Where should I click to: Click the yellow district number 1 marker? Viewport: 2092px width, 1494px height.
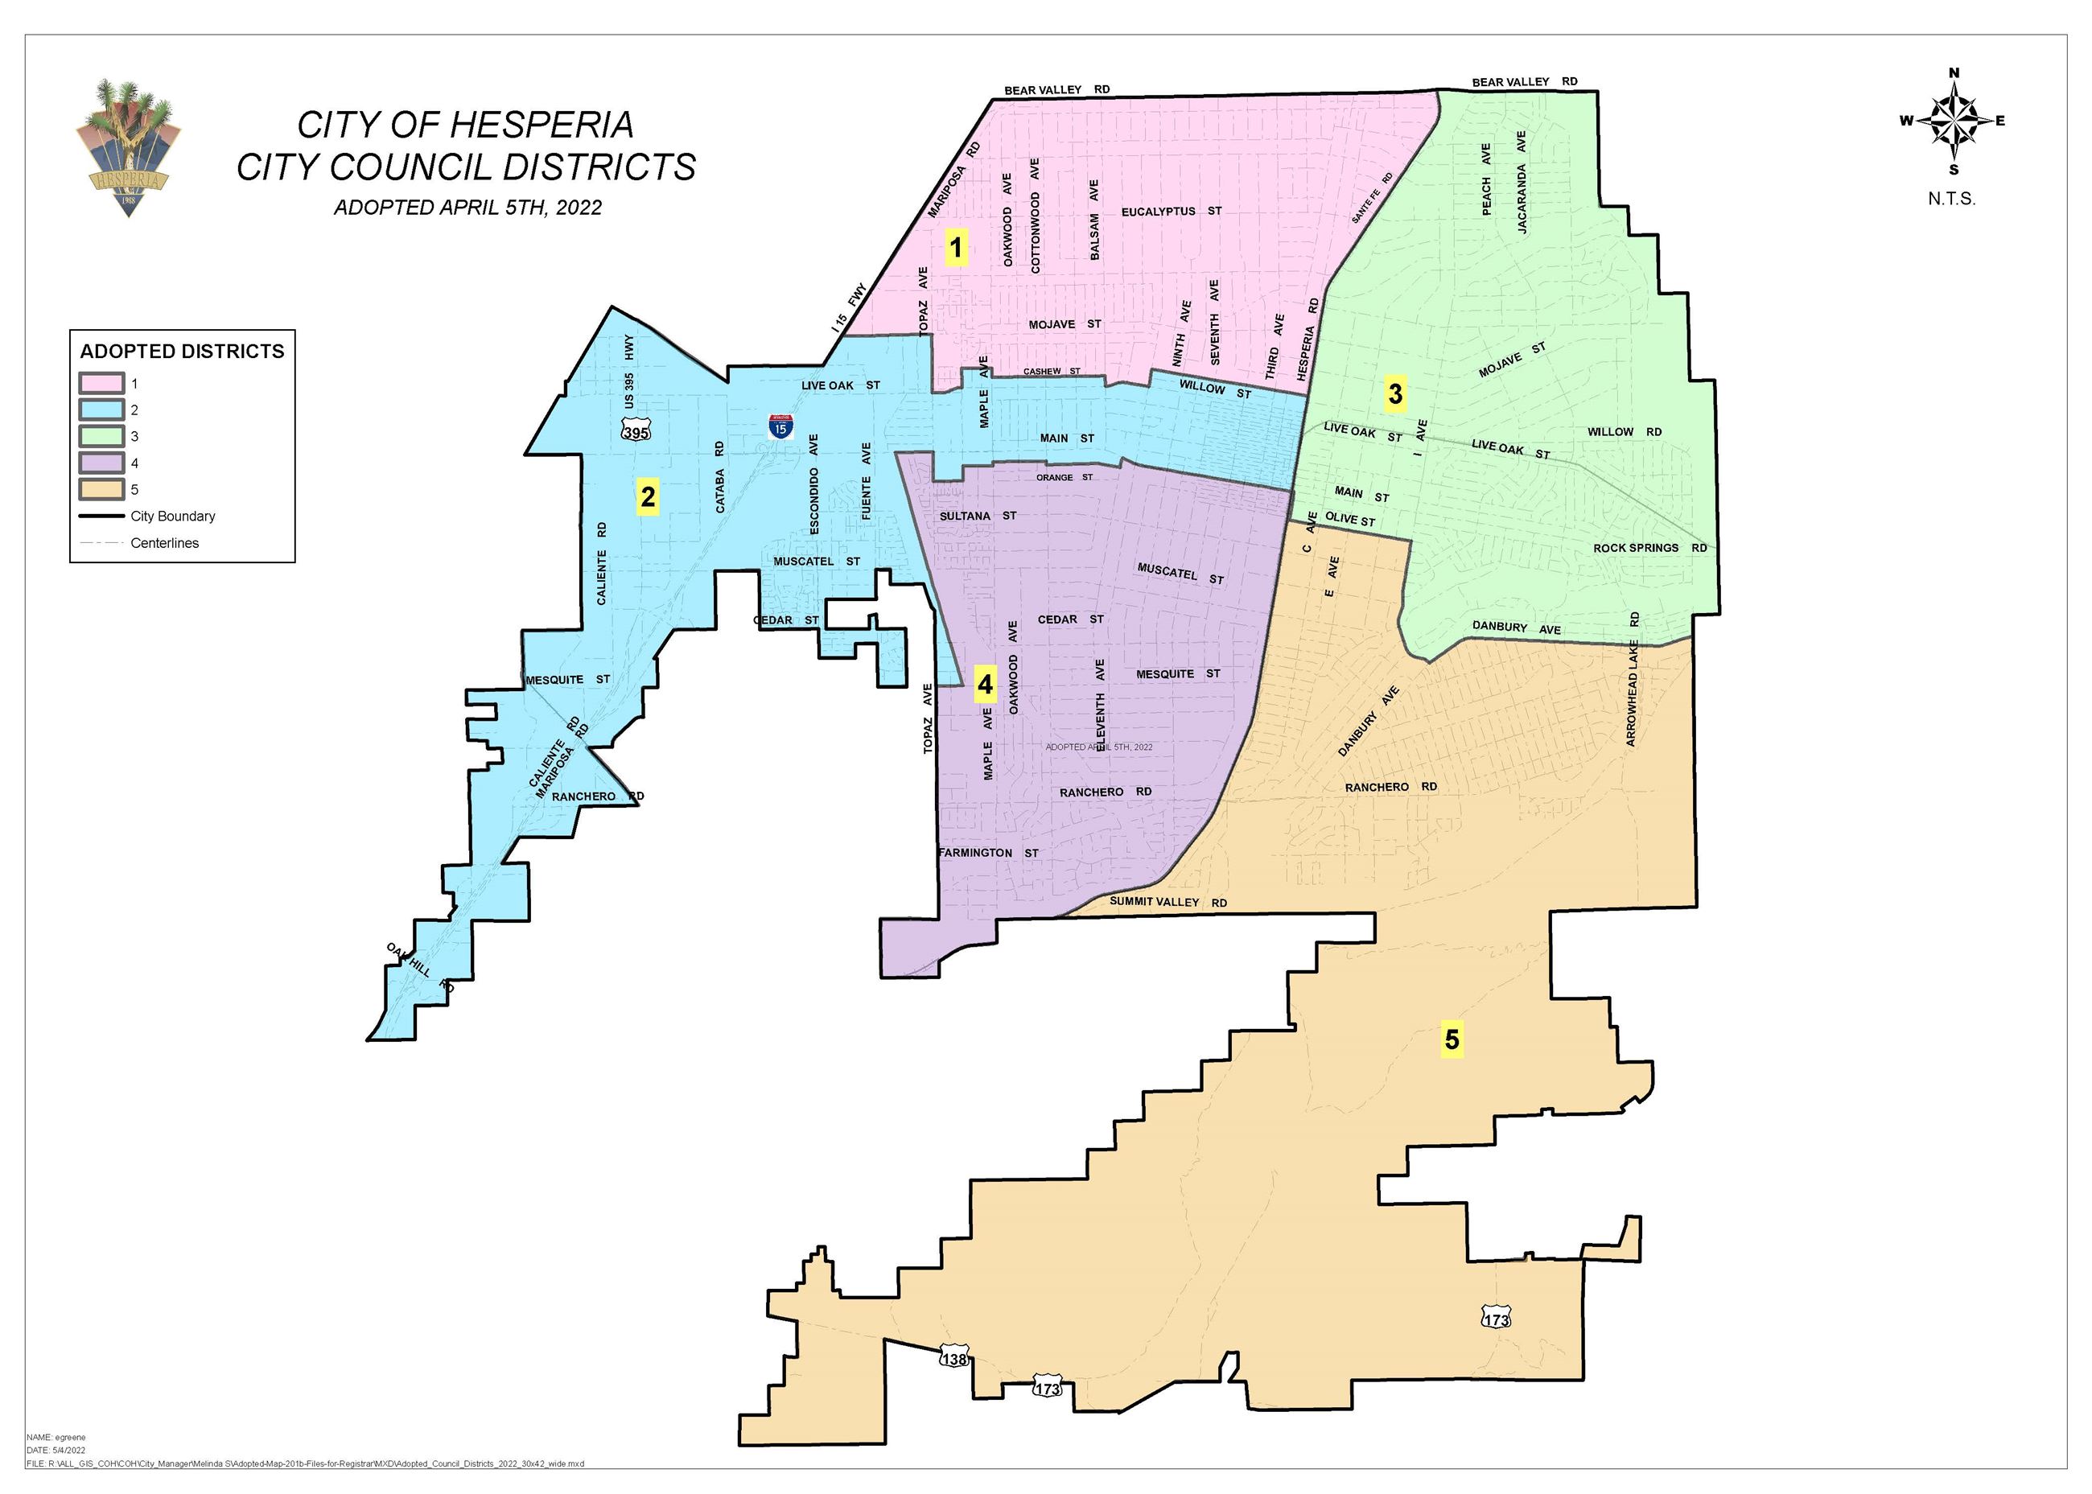click(957, 248)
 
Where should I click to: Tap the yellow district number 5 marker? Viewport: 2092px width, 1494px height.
click(1452, 1039)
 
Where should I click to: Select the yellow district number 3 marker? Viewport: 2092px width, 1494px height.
click(1395, 393)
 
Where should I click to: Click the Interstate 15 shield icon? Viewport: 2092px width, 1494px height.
click(780, 426)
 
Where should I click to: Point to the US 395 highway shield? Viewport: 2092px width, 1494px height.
click(636, 431)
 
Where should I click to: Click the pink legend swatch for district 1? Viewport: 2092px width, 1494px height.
click(101, 384)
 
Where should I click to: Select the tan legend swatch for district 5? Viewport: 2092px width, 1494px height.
click(101, 489)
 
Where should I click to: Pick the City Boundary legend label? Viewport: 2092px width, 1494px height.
click(173, 516)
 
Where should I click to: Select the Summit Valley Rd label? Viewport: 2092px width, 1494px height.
click(1167, 902)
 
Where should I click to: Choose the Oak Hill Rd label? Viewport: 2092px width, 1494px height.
click(419, 966)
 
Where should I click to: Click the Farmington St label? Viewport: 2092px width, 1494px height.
click(988, 854)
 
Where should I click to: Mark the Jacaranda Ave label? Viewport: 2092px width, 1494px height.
click(1522, 181)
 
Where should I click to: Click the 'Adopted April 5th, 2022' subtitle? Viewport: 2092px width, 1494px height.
click(467, 208)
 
